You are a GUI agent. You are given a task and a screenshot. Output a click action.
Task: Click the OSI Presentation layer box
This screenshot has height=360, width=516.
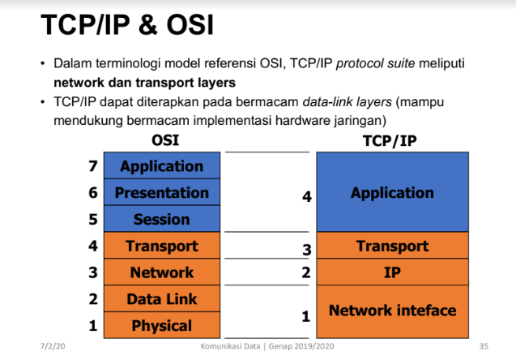162,192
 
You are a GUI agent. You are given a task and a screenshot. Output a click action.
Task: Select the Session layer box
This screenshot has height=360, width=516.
162,219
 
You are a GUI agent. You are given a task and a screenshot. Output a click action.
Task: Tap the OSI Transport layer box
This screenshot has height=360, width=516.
162,246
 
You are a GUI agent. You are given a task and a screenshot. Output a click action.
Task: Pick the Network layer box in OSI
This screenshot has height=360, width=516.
162,272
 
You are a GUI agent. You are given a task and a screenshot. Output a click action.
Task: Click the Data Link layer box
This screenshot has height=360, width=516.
162,298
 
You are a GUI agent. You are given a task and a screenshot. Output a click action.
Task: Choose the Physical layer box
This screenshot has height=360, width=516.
162,325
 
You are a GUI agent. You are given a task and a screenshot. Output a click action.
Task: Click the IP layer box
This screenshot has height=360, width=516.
393,272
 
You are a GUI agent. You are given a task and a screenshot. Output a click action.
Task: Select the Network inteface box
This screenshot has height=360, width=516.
393,312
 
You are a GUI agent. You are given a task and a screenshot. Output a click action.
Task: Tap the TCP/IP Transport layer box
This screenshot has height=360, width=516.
393,246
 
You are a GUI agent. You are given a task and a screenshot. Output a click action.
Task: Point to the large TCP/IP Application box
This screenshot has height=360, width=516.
393,192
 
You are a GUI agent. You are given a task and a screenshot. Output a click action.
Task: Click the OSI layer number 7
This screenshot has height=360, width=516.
93,166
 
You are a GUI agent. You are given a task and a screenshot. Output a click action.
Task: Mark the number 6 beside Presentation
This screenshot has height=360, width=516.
93,193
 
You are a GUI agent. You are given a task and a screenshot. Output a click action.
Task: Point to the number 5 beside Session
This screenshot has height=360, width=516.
93,220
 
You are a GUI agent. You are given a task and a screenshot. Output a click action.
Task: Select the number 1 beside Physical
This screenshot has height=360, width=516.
93,326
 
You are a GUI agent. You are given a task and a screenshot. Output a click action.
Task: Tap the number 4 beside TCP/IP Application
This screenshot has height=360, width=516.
307,197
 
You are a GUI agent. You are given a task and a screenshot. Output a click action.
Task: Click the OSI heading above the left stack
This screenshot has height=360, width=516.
165,140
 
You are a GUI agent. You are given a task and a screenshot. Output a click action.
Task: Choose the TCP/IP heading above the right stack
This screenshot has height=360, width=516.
390,141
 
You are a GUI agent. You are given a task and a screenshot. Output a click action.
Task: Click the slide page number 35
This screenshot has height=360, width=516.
484,346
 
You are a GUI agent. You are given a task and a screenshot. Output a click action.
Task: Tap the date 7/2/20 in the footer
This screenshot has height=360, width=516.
53,346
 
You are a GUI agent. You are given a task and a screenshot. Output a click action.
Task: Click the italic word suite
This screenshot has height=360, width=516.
401,63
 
